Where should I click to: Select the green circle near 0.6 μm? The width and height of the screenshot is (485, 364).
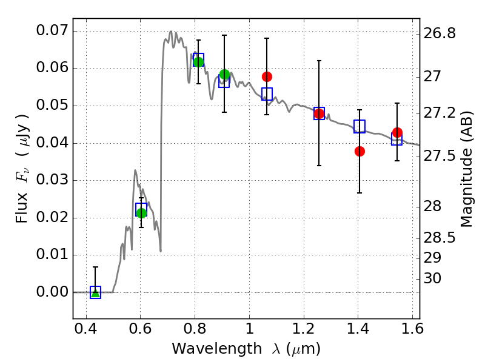(141, 213)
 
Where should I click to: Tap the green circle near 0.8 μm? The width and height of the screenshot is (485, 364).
(198, 62)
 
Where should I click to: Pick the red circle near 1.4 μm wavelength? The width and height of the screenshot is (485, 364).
(360, 151)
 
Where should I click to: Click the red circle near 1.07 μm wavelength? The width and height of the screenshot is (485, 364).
(267, 76)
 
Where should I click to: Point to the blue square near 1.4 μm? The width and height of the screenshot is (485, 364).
(360, 127)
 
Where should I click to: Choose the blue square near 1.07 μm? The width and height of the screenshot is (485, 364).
(267, 93)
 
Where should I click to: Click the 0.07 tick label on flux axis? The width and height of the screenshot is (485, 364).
(52, 30)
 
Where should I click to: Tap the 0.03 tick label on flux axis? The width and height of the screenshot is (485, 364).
(52, 180)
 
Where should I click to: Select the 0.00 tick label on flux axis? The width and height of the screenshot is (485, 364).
(52, 292)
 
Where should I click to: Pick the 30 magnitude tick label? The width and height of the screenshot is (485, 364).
(434, 278)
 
